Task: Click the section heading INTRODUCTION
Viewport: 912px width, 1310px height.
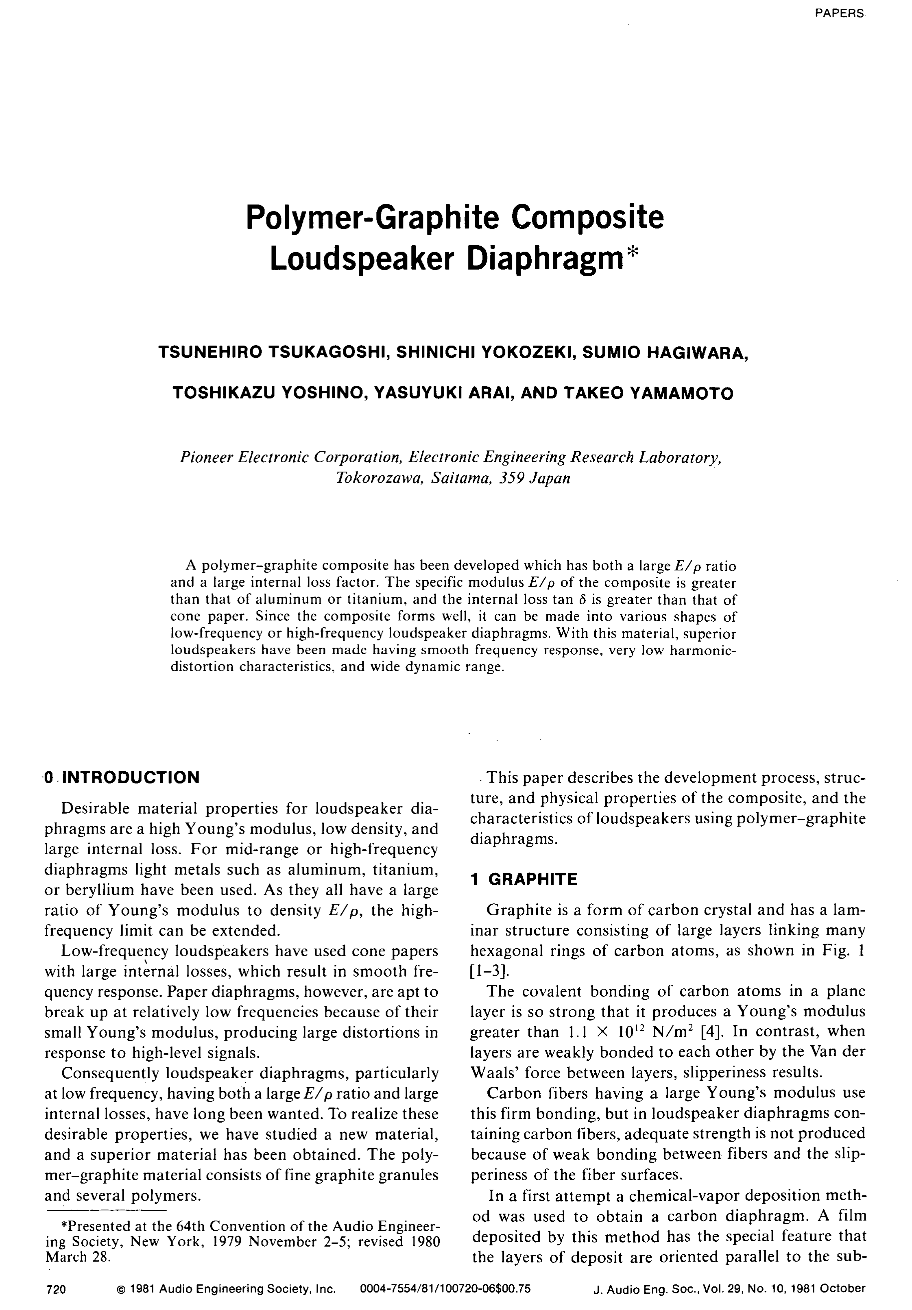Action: pos(131,777)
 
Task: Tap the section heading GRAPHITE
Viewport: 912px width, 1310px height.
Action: pos(532,879)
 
